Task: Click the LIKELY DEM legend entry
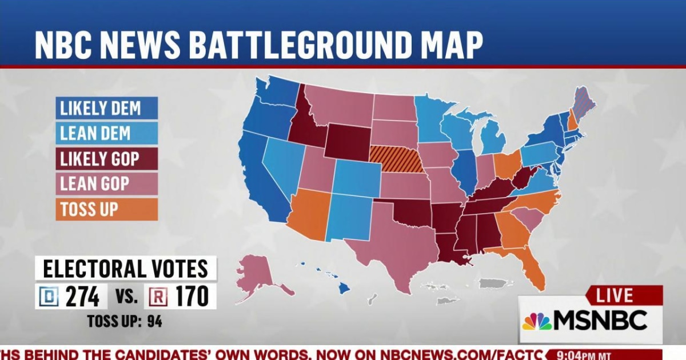[x=106, y=107]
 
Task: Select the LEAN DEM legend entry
[x=106, y=133]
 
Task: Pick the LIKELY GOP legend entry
[x=106, y=158]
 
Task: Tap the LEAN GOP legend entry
[x=106, y=183]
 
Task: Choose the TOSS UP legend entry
[x=106, y=209]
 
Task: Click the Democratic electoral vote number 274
[x=82, y=297]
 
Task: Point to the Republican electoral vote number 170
[x=191, y=297]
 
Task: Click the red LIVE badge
[x=615, y=295]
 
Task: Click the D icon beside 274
[x=46, y=297]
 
